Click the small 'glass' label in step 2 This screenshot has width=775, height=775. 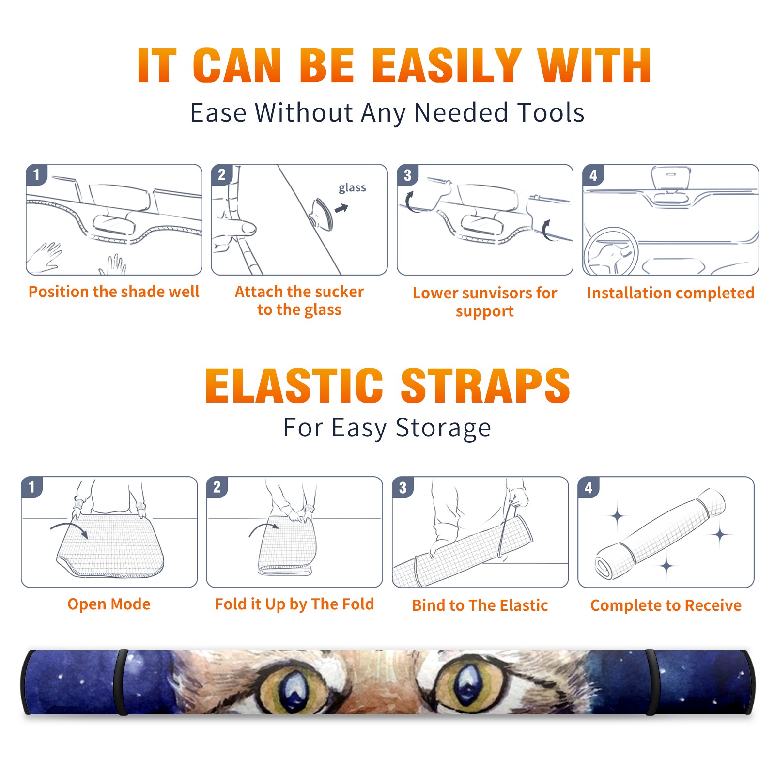click(x=352, y=188)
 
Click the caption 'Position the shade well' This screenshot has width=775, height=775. click(x=114, y=292)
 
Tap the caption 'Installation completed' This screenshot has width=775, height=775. click(x=670, y=293)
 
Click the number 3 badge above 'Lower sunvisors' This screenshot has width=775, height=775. click(x=407, y=175)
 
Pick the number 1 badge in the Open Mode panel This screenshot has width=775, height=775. click(x=32, y=487)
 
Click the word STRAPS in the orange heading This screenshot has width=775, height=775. click(x=486, y=386)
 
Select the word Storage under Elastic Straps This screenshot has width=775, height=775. click(x=443, y=428)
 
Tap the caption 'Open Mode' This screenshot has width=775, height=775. click(x=109, y=604)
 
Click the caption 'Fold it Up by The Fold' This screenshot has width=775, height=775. click(x=294, y=604)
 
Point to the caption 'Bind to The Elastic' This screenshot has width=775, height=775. click(x=480, y=605)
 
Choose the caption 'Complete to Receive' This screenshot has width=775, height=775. click(x=666, y=605)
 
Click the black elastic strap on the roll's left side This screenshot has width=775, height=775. click(x=121, y=682)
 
